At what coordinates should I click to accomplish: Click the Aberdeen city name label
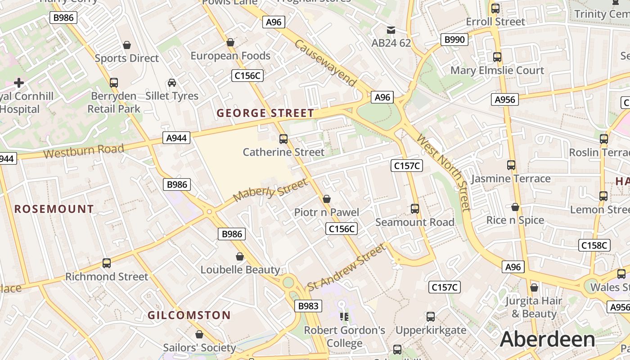pos(547,339)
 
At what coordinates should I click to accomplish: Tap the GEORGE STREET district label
pos(265,113)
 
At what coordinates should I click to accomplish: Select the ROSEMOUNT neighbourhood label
pos(54,209)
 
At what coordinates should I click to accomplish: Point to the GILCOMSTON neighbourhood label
pos(189,315)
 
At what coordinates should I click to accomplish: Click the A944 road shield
pos(176,138)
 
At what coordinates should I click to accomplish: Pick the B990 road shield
pos(454,40)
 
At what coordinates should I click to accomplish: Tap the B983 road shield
pos(308,306)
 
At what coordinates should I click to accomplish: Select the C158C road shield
pos(594,245)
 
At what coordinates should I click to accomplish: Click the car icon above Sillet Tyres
pos(172,83)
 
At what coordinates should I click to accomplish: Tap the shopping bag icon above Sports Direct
pos(127,45)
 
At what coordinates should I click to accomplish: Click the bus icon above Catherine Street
pos(283,139)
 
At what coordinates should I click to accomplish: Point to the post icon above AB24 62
pos(391,30)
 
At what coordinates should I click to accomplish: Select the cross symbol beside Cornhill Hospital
pos(19,83)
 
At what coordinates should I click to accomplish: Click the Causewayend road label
pos(326,63)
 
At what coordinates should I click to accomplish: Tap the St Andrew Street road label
pos(346,267)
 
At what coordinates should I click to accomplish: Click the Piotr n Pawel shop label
pos(327,212)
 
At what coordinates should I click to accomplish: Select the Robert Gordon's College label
pos(345,337)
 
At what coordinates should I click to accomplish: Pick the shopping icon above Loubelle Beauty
pos(240,256)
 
